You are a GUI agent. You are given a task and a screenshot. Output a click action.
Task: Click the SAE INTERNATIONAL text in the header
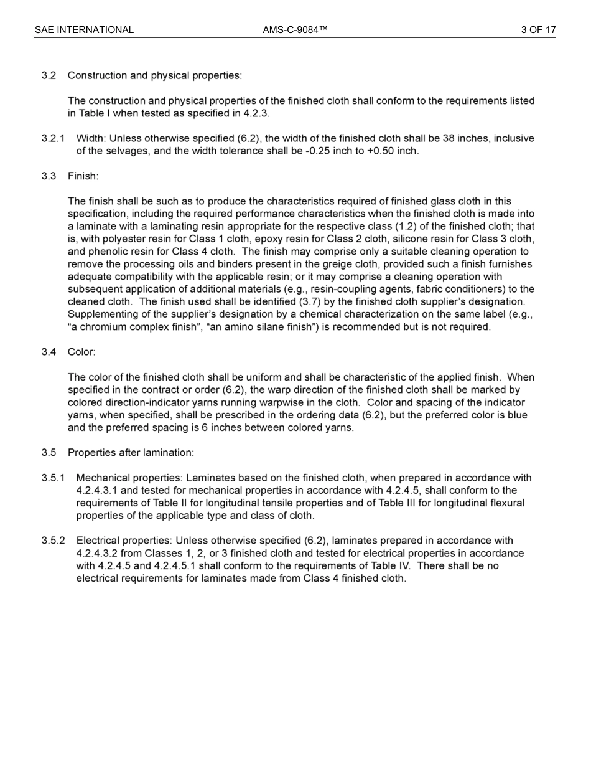click(84, 30)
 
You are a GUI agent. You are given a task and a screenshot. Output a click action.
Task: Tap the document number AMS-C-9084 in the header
click(295, 30)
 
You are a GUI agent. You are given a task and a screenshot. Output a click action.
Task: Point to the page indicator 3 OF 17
click(538, 30)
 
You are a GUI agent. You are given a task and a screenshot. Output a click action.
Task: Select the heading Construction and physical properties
click(154, 75)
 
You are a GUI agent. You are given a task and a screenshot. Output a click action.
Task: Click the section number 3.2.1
click(53, 138)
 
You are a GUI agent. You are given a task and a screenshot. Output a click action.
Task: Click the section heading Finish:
click(83, 176)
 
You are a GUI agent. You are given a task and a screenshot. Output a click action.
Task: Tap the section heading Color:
click(81, 352)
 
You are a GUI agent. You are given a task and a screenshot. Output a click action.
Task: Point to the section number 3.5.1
click(53, 478)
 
